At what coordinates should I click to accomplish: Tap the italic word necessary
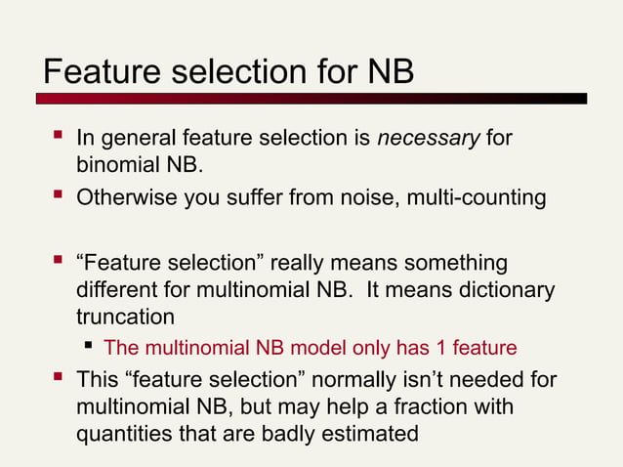point(429,140)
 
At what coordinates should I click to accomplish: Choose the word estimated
point(375,433)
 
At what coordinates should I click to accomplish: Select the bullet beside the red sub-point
point(89,347)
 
